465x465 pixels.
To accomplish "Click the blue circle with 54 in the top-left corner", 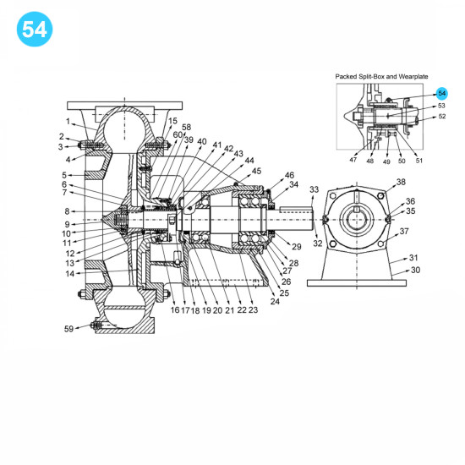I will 35,30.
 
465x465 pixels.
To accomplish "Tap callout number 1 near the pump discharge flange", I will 68,121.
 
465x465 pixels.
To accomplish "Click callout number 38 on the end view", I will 400,183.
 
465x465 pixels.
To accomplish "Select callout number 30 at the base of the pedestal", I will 414,271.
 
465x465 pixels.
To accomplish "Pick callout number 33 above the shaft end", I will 315,189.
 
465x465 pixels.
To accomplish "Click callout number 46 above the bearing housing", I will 289,175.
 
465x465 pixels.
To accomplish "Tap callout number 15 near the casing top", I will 172,122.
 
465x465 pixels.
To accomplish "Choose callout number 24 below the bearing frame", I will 275,302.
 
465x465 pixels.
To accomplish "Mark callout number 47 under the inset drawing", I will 353,160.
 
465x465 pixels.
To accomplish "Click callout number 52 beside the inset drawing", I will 441,118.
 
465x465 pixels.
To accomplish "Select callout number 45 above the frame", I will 257,171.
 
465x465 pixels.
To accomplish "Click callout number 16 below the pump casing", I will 175,310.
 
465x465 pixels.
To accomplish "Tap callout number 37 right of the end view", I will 404,231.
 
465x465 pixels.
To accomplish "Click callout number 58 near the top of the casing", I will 186,128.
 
